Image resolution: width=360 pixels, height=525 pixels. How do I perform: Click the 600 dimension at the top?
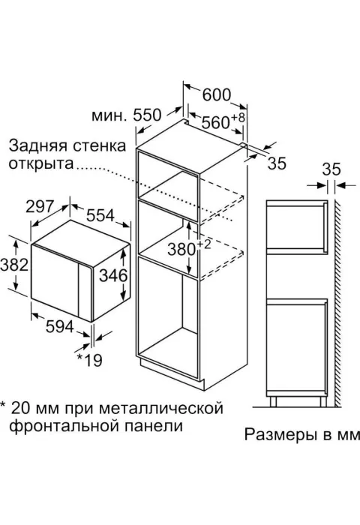click(217, 94)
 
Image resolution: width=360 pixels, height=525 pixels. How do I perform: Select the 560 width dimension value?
click(215, 122)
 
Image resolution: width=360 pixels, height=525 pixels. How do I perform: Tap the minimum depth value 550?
click(147, 115)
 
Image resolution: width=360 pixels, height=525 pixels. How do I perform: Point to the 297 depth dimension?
click(40, 206)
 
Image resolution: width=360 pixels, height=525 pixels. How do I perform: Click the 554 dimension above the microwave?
click(100, 215)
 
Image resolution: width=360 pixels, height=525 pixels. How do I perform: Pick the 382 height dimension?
click(14, 265)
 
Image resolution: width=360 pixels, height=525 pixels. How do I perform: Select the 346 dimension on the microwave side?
click(114, 275)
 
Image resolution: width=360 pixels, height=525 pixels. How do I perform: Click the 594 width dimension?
click(59, 326)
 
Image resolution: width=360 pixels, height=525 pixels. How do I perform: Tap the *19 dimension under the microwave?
click(89, 360)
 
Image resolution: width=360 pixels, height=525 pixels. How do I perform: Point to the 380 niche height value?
click(181, 250)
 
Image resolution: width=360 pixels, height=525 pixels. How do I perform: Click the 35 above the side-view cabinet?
click(331, 169)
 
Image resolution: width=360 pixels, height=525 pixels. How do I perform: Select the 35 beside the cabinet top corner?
click(277, 163)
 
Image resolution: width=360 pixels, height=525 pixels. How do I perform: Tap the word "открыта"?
click(40, 164)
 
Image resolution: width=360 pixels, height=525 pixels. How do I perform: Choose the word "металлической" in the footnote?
click(161, 409)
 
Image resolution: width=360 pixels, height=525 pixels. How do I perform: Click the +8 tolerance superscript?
click(238, 118)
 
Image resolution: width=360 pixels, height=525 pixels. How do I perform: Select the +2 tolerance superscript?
click(204, 244)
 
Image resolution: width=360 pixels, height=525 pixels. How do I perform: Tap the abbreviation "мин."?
click(109, 115)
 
